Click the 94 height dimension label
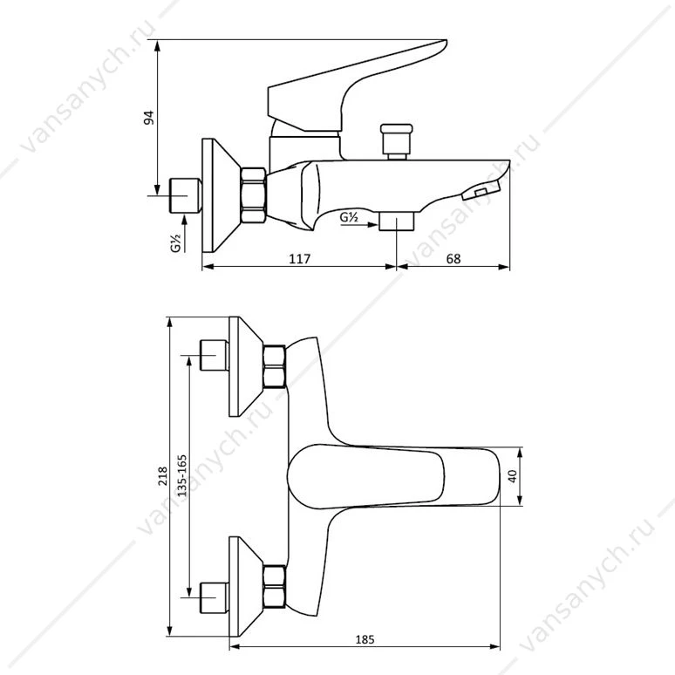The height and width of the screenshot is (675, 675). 149,118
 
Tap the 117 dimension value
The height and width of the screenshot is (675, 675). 299,259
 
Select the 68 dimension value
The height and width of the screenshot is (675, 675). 453,259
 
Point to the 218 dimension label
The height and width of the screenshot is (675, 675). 162,476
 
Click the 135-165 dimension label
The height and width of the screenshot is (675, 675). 182,475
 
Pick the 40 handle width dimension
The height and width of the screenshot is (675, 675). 512,476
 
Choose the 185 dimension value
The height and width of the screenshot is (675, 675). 365,640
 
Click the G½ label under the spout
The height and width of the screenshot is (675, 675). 349,217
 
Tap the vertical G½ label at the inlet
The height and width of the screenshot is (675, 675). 176,242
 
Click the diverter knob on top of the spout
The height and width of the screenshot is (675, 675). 397,141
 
